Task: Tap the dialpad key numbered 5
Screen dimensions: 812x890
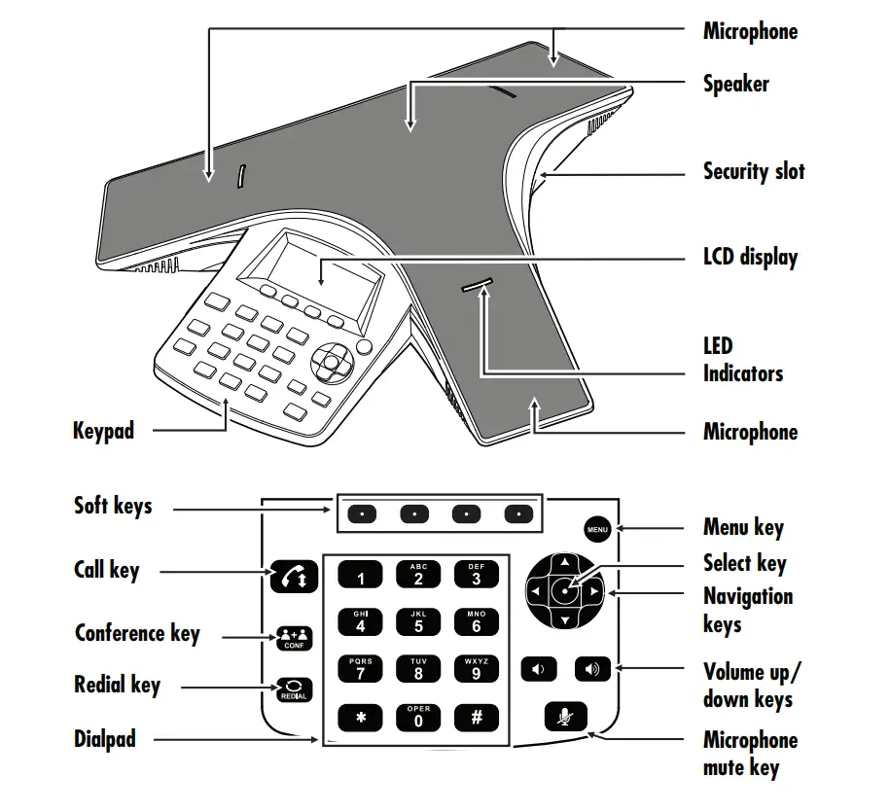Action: pyautogui.click(x=418, y=622)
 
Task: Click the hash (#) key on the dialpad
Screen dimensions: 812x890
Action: pyautogui.click(x=476, y=718)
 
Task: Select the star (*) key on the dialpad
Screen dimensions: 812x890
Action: pyautogui.click(x=361, y=718)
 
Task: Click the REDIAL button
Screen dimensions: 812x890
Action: pyautogui.click(x=293, y=688)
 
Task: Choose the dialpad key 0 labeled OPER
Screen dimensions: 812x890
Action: pyautogui.click(x=418, y=718)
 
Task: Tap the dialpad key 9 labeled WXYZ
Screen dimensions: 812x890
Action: pyautogui.click(x=476, y=669)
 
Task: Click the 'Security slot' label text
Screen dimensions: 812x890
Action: pyautogui.click(x=754, y=172)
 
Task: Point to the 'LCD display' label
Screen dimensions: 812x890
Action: pyautogui.click(x=750, y=258)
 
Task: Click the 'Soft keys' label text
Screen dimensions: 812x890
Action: pyautogui.click(x=113, y=506)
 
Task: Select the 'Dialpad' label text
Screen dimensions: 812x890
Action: pyautogui.click(x=105, y=739)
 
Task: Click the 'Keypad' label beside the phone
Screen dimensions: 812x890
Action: pyautogui.click(x=103, y=430)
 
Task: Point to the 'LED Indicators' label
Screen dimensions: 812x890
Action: pyautogui.click(x=742, y=360)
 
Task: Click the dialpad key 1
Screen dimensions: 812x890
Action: pyautogui.click(x=361, y=576)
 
